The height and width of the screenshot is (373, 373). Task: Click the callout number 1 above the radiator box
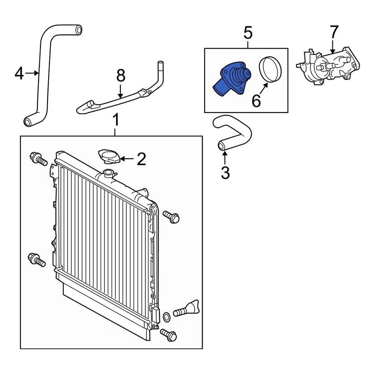[115, 120]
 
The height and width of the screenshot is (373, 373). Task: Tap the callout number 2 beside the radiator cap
[141, 159]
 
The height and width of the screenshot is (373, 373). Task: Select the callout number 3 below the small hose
[225, 172]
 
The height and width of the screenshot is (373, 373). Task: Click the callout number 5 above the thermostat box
[248, 33]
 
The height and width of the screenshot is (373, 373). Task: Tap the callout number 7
[334, 32]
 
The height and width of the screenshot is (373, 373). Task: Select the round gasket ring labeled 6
[269, 70]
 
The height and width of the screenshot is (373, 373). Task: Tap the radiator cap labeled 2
[110, 157]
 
